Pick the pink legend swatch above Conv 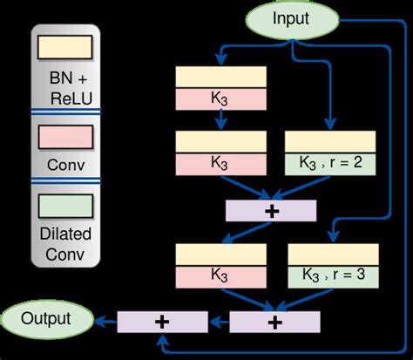66,138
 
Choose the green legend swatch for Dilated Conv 66,206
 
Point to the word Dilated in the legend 66,233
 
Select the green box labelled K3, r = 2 331,163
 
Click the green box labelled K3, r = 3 331,276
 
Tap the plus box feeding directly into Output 161,322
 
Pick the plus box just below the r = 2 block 270,210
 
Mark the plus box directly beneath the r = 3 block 274,322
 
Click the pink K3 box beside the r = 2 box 220,163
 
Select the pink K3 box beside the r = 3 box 220,276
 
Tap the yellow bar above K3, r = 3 331,254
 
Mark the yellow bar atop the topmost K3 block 220,77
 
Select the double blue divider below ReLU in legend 66,111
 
